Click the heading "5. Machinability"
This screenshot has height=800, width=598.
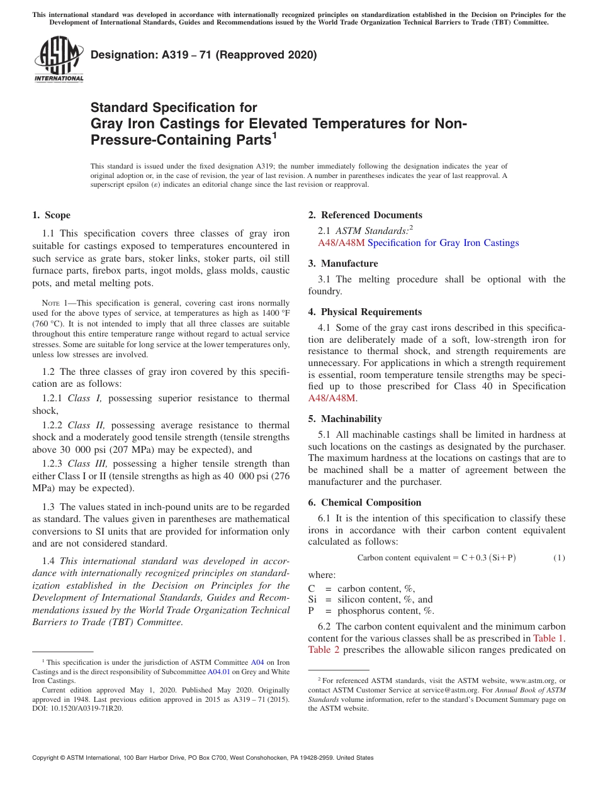[345, 419]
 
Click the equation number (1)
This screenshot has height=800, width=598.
[559, 558]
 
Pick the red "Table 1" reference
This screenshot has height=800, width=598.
[548, 638]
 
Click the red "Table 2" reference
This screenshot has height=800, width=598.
[324, 649]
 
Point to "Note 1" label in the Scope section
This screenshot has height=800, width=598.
[54, 303]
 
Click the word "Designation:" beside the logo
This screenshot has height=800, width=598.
[120, 55]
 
